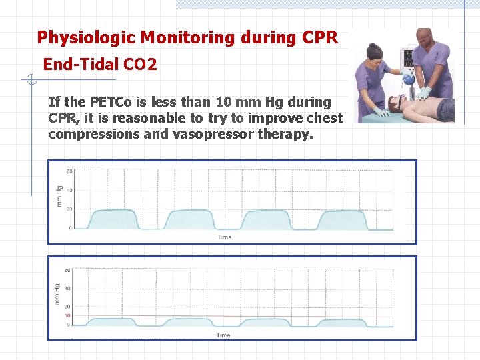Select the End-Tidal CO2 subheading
click(x=100, y=65)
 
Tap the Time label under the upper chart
click(x=225, y=237)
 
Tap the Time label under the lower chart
click(x=223, y=335)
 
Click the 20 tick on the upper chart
click(x=69, y=209)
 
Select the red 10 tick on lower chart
click(x=67, y=315)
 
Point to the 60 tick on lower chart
click(x=67, y=271)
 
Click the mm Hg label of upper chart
click(x=59, y=196)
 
